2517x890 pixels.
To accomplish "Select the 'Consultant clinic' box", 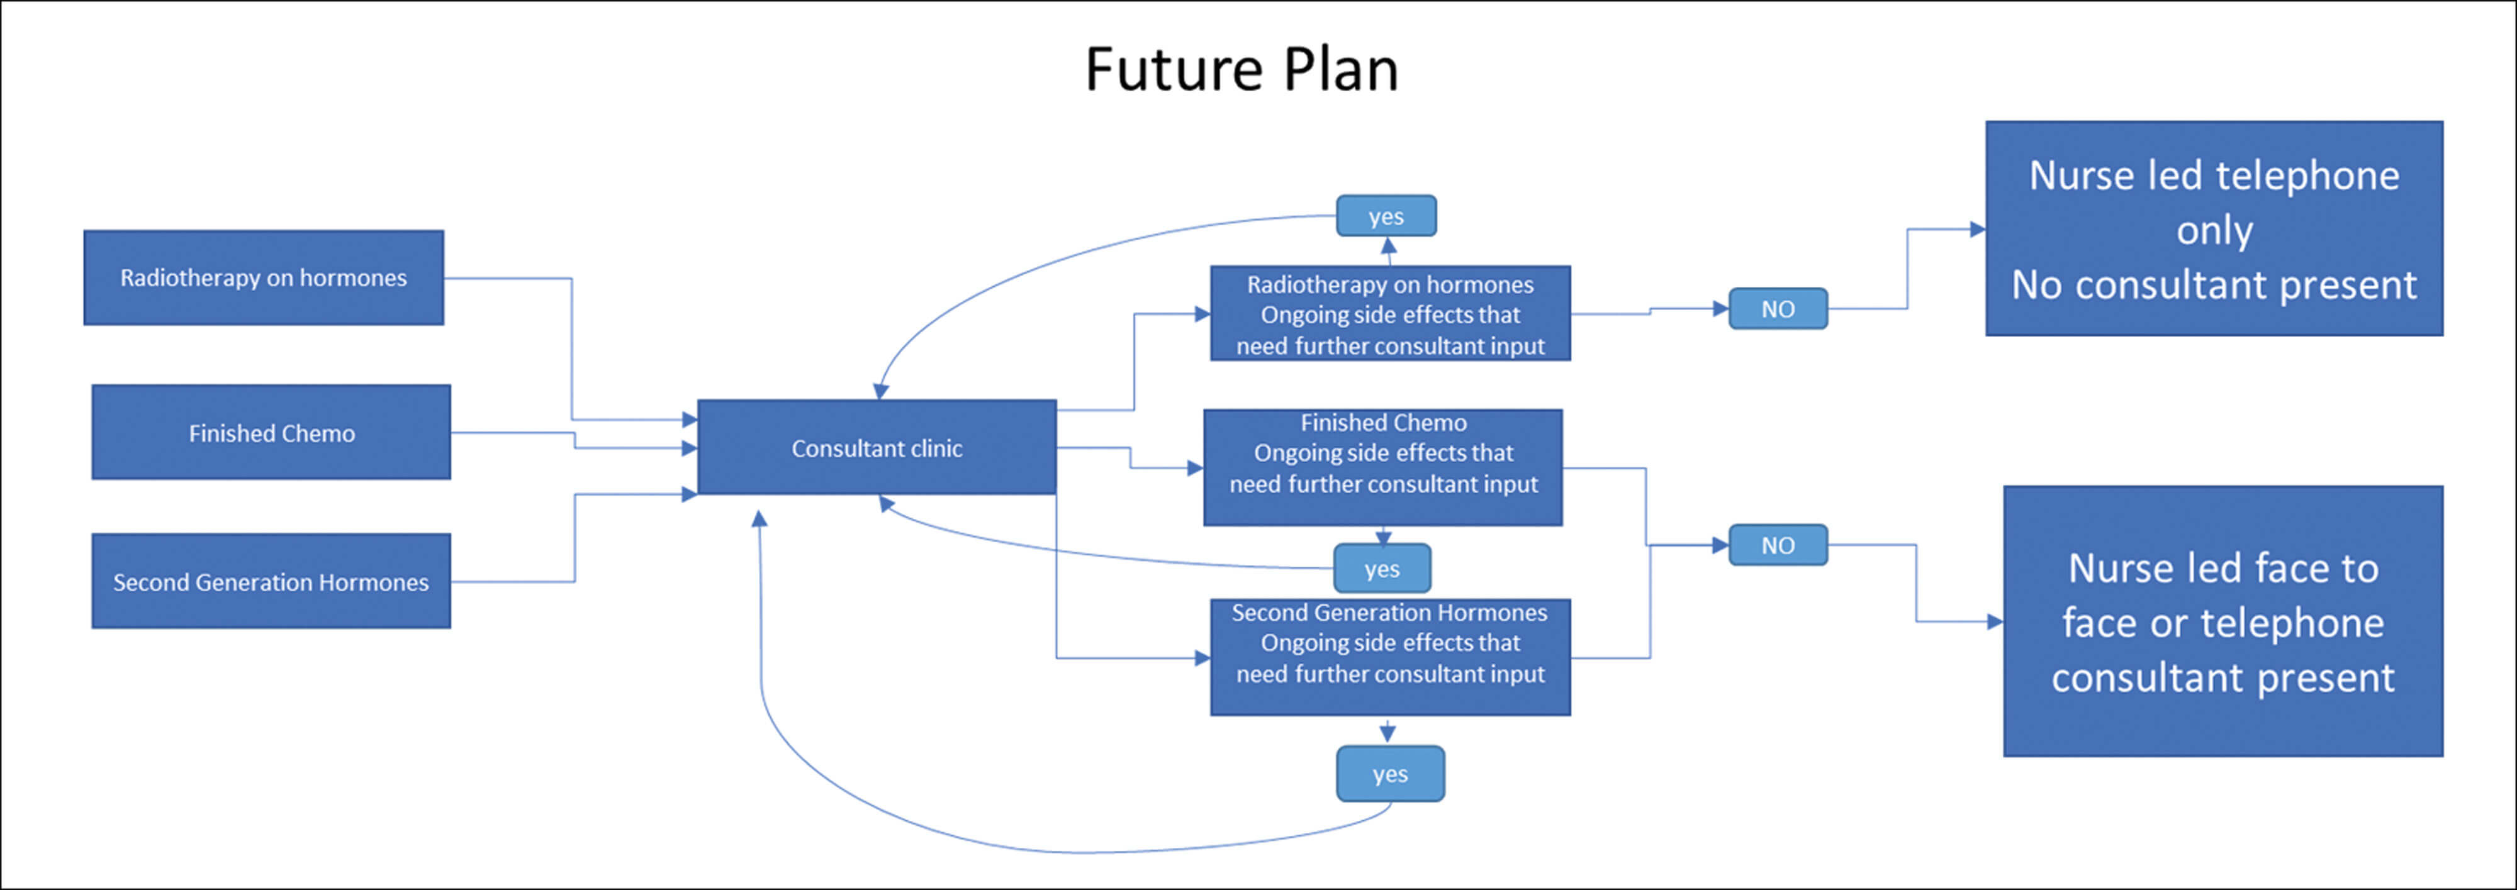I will click(x=877, y=447).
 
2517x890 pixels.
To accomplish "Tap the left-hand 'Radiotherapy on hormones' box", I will click(x=263, y=277).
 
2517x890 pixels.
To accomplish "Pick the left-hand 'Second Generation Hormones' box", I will click(x=271, y=581).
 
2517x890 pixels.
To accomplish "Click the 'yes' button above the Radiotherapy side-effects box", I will click(x=1386, y=216).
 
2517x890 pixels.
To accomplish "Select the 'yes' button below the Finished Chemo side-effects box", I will click(x=1382, y=569).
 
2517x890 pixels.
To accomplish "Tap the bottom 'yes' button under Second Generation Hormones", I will click(x=1389, y=774).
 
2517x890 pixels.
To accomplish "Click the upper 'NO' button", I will click(x=1778, y=309).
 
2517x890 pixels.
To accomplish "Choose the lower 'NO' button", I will click(x=1778, y=545).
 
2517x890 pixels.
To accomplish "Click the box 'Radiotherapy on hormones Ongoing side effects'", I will click(x=1389, y=314).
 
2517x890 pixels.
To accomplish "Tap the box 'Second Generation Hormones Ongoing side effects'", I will click(x=1389, y=657).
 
